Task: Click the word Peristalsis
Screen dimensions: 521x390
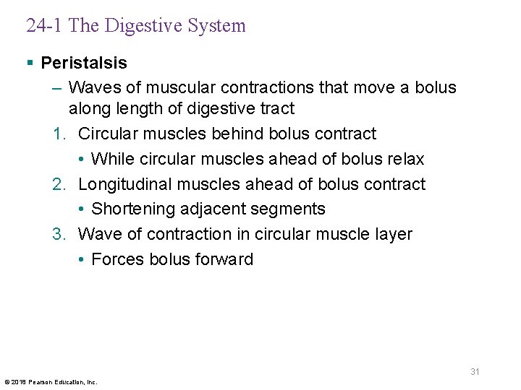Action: (x=84, y=63)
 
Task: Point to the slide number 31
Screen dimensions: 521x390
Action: (x=475, y=372)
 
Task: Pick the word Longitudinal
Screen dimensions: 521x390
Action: (x=123, y=184)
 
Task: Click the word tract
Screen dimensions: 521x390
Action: (x=279, y=109)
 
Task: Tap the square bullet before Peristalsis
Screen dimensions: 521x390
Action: (x=30, y=64)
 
